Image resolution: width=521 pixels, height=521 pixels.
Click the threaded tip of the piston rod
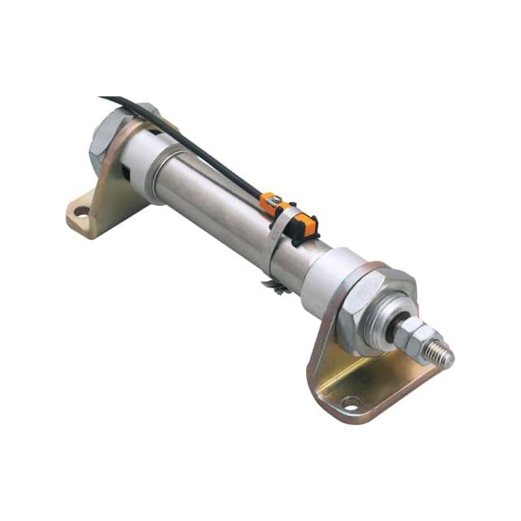click(442, 351)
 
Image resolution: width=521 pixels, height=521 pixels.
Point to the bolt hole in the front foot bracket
click(351, 401)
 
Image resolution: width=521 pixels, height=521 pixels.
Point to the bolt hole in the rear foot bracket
click(81, 212)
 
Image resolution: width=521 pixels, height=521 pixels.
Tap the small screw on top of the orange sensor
click(275, 199)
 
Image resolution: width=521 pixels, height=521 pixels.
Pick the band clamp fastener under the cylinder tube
click(275, 287)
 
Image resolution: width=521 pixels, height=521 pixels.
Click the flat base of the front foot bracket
click(383, 383)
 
